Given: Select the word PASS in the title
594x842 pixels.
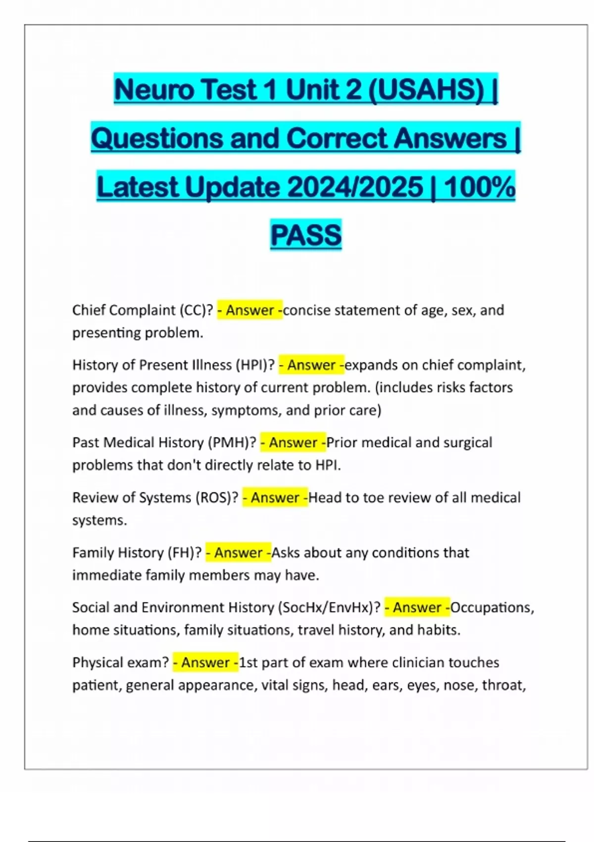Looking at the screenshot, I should [306, 235].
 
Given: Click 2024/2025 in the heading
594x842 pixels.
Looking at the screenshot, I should [355, 187].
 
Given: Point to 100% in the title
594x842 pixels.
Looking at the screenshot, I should [480, 187].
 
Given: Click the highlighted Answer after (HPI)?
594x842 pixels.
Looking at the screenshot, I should [311, 366].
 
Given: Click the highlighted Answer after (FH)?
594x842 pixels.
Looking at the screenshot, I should [238, 553].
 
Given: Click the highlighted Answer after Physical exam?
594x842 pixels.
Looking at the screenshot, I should [205, 663].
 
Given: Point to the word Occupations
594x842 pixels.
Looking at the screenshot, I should [492, 608].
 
